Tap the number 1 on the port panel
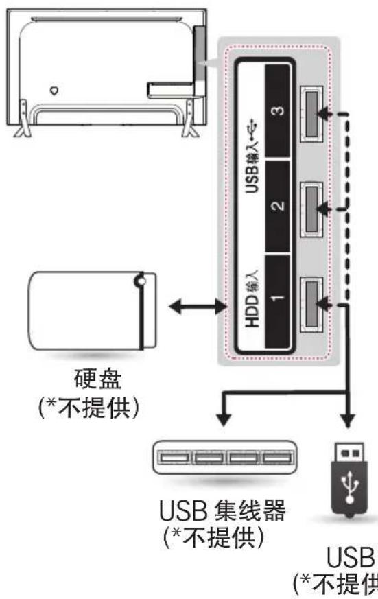[278, 299]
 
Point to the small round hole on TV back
[54, 89]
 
